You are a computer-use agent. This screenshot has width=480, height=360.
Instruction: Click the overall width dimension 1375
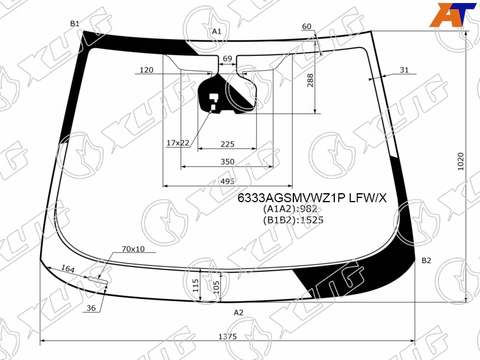(227, 337)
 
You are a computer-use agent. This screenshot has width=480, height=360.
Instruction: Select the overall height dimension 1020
(461, 161)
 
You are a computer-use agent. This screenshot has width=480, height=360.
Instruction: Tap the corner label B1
(75, 23)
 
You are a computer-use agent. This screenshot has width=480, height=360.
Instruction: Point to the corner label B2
(427, 260)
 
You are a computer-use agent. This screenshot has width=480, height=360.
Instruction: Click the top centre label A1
(217, 31)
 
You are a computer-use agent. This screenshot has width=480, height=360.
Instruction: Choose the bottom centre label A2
(238, 313)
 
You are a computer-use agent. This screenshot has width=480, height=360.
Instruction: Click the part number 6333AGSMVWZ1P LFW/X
(312, 199)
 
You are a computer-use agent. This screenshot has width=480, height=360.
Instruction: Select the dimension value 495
(227, 181)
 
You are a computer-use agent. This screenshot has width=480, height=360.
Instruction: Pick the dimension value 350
(227, 161)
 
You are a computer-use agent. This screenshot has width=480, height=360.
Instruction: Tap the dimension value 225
(227, 144)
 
